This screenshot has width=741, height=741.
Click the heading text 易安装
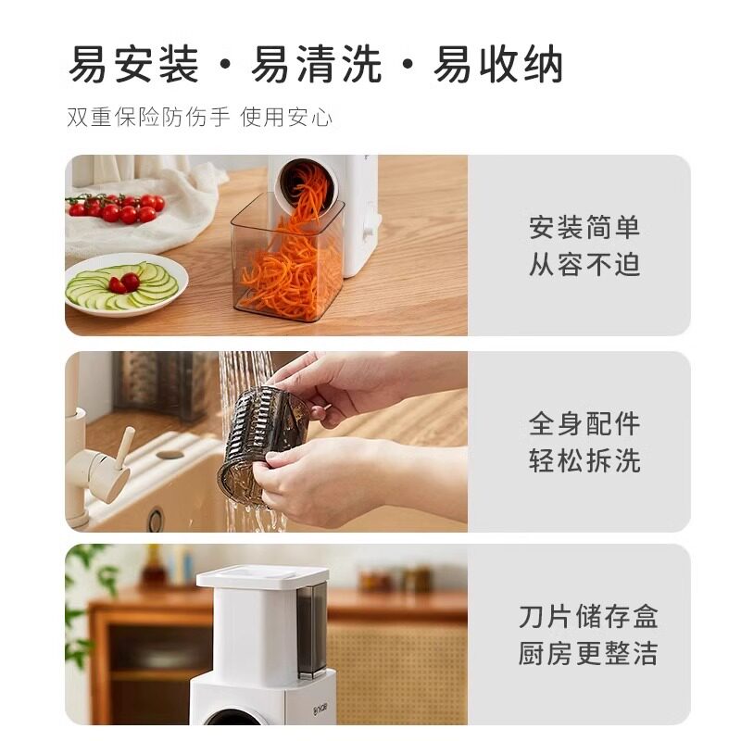(133, 64)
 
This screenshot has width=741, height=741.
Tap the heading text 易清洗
(316, 64)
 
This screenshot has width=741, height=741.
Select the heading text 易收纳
(498, 64)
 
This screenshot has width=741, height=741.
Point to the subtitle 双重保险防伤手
(148, 117)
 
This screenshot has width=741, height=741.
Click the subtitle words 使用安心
(286, 117)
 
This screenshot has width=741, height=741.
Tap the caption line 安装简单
(584, 227)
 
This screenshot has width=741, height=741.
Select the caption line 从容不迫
(584, 264)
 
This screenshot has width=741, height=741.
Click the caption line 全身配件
(584, 423)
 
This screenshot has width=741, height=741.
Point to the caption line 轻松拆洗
(584, 460)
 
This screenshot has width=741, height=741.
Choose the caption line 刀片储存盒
(588, 616)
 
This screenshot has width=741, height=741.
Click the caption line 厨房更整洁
(588, 653)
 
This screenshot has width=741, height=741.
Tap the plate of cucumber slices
(126, 285)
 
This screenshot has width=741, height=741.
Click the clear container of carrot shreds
(287, 257)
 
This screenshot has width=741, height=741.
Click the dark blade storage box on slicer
(312, 629)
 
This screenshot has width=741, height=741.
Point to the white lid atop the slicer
(262, 576)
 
